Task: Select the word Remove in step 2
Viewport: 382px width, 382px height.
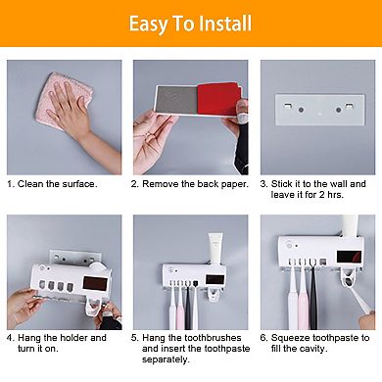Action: coord(163,183)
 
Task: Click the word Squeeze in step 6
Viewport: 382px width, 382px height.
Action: coord(292,337)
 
